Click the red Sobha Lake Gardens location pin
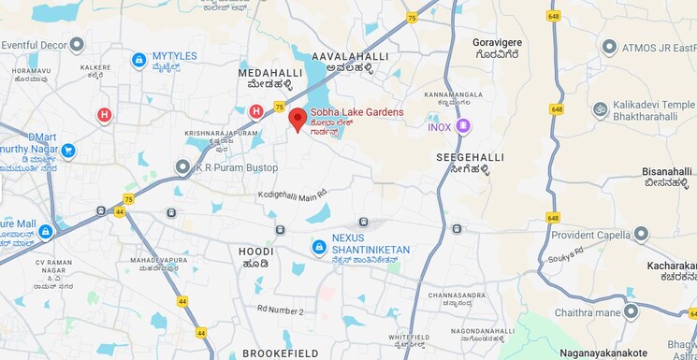pos(298,118)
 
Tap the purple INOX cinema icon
pos(463,126)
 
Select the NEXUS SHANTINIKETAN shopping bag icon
pos(319,246)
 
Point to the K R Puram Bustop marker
pos(182,166)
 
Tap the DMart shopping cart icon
pos(67,150)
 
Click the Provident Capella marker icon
pos(640,234)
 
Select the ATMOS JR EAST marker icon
pos(609,47)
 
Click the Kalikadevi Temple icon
pos(600,109)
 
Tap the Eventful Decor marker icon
pos(77,44)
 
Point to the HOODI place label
pos(255,252)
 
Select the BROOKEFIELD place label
pos(281,353)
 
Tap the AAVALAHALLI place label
pos(356,57)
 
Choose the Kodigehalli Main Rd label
pos(293,194)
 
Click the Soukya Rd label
pos(566,252)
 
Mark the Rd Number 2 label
pos(281,310)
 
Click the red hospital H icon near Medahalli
pos(255,111)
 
